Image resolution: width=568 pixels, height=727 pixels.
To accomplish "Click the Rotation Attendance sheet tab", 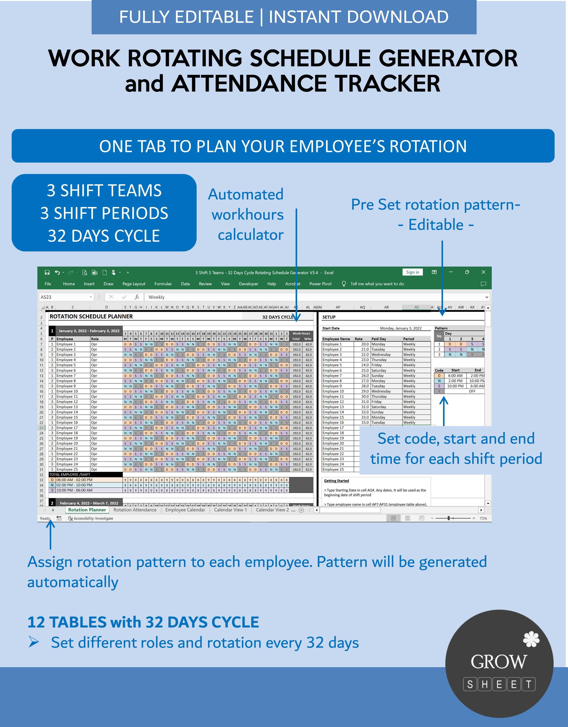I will [x=135, y=510].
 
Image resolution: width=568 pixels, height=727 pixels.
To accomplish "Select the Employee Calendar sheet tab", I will [x=185, y=510].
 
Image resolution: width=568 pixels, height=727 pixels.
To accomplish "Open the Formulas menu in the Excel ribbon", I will [x=163, y=284].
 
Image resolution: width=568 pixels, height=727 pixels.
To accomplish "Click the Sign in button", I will [x=412, y=272].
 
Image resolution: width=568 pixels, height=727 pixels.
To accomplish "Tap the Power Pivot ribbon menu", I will [x=320, y=284].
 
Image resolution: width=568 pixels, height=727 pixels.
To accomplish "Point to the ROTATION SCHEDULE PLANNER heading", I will [x=91, y=316].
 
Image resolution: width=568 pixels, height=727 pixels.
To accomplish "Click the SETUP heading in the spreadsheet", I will [x=329, y=317].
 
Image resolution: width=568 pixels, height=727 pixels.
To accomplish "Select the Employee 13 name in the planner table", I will [x=67, y=407].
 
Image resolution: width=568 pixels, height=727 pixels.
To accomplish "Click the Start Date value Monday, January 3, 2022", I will [x=401, y=328].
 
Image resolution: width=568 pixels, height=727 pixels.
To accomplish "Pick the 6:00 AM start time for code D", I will [x=455, y=375].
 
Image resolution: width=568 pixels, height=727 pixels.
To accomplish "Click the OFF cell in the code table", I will [x=472, y=391].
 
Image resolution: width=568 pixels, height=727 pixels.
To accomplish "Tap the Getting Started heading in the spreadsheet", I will [x=336, y=481].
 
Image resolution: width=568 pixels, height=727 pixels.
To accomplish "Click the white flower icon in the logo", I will [x=531, y=639].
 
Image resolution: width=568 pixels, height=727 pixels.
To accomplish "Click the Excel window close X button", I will [x=483, y=272].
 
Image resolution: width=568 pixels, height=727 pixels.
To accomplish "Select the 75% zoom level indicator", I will [x=483, y=518].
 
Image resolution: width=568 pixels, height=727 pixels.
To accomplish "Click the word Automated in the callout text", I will [x=245, y=194].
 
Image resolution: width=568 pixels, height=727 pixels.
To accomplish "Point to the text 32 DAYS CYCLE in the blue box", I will [x=104, y=236].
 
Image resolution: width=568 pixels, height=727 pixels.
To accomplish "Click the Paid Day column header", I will [x=379, y=339].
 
